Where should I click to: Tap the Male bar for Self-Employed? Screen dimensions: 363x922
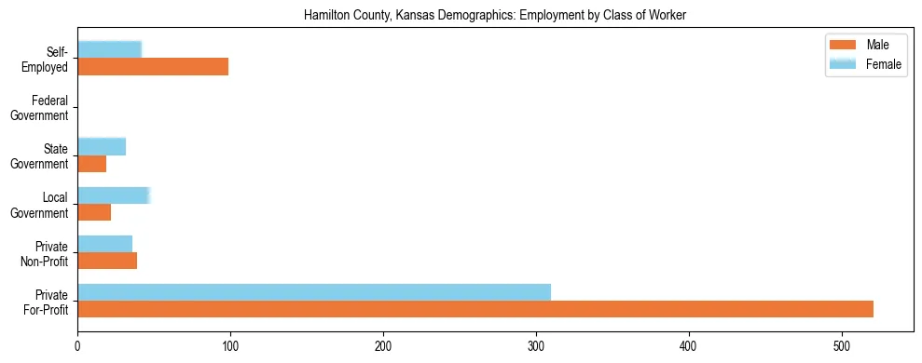153,67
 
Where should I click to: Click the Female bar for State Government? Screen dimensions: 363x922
102,146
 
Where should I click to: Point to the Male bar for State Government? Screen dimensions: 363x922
91,164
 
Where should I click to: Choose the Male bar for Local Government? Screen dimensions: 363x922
94,212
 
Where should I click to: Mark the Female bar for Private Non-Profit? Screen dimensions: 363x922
104,243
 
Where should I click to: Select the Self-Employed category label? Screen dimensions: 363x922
46,60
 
